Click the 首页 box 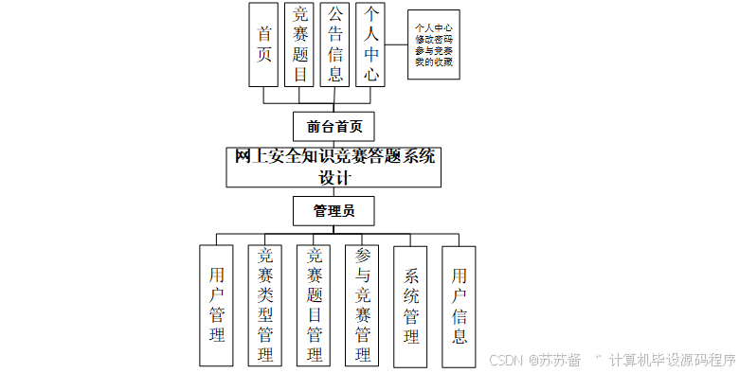[263, 44]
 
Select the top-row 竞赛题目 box [299, 44]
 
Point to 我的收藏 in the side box [433, 62]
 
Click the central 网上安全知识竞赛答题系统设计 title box [335, 168]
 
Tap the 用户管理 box [217, 306]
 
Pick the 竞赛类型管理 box [265, 306]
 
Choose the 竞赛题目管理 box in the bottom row [315, 306]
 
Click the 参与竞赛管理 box [363, 306]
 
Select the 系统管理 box [411, 306]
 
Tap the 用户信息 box [460, 306]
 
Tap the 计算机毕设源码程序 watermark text [672, 360]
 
